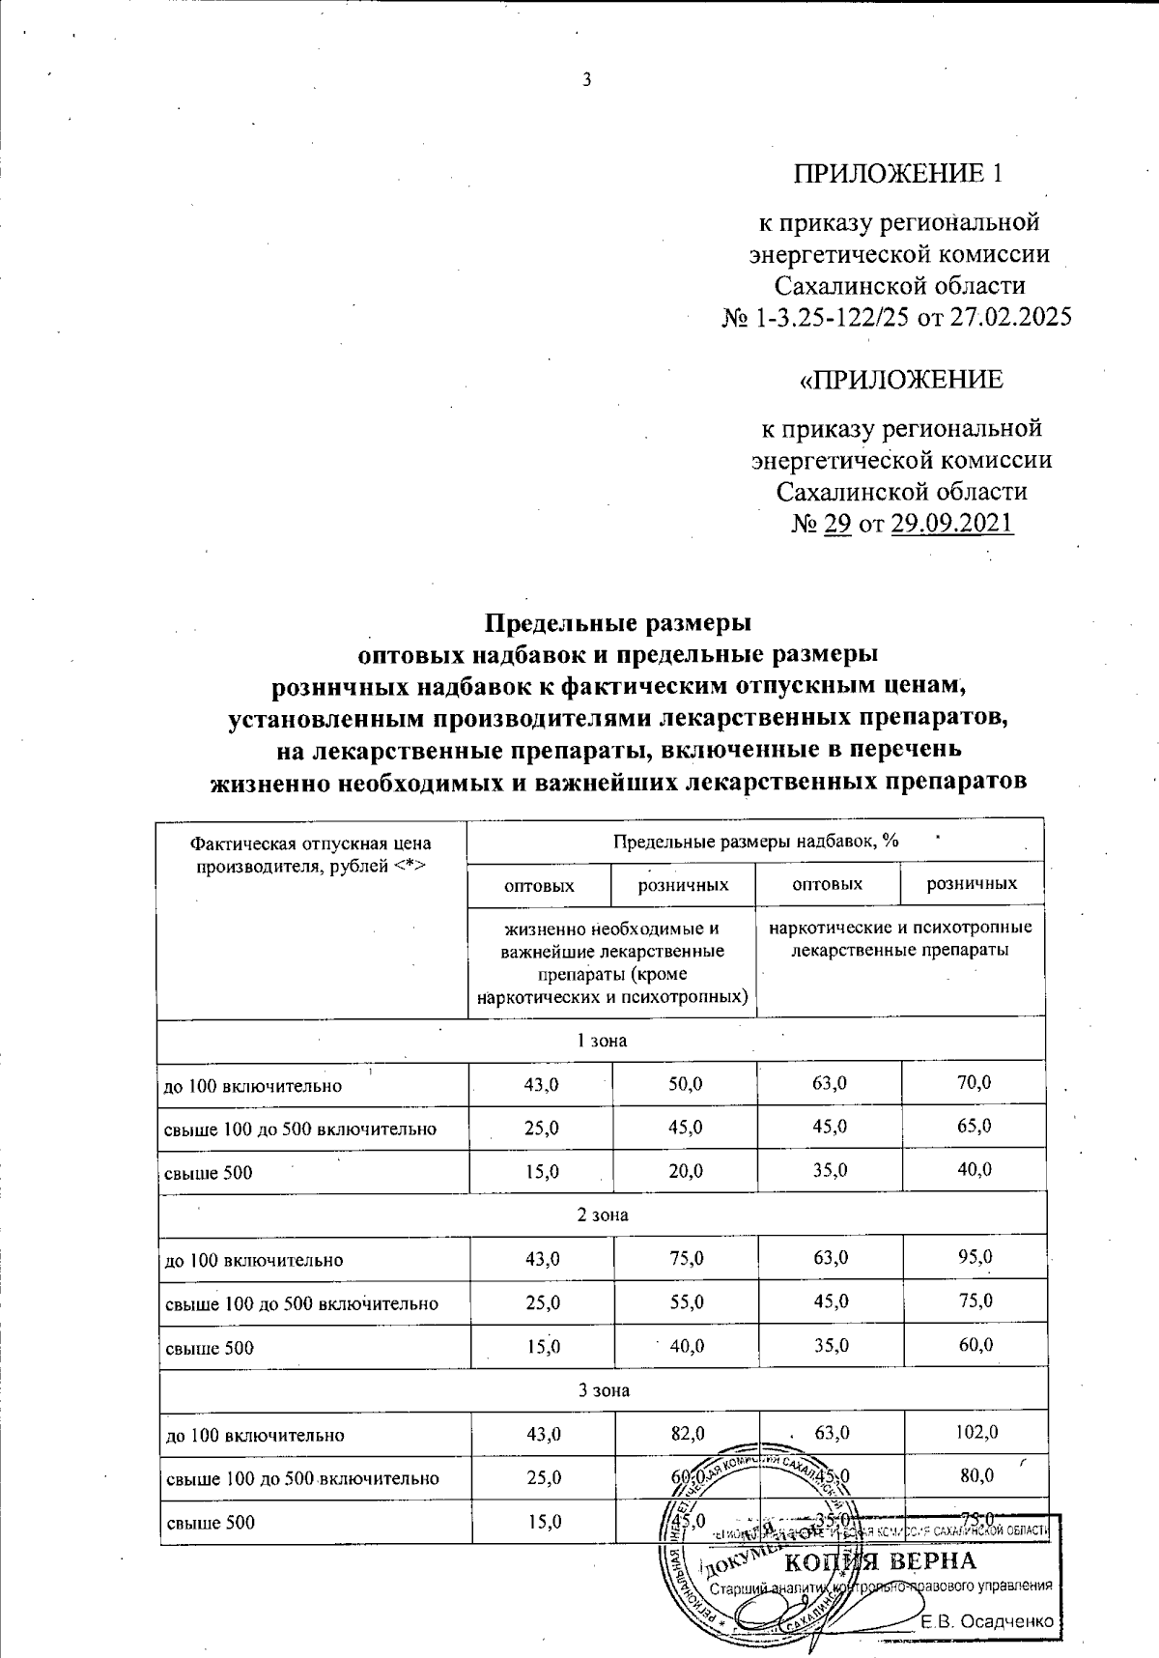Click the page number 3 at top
tap(584, 79)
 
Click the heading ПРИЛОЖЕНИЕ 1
tap(898, 174)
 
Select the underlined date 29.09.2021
tap(953, 524)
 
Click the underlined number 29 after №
tap(835, 524)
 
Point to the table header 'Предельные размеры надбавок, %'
tap(756, 841)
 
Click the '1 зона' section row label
tap(602, 1041)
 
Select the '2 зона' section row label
tap(602, 1215)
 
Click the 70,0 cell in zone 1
tap(974, 1084)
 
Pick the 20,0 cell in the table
tap(686, 1171)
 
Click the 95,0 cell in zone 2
tap(975, 1258)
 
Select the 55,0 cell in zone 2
tap(686, 1302)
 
